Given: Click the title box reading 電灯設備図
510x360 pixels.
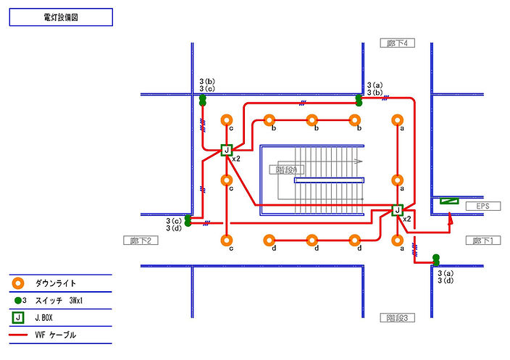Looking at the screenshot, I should pyautogui.click(x=61, y=17).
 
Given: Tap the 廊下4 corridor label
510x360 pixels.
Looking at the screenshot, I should pyautogui.click(x=398, y=43).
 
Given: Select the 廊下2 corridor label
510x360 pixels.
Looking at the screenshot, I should pyautogui.click(x=140, y=240).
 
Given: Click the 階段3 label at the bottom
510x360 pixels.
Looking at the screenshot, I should pyautogui.click(x=398, y=317).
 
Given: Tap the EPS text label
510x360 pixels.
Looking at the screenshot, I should pyautogui.click(x=482, y=206).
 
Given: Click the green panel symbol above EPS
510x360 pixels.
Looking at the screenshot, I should pyautogui.click(x=450, y=201).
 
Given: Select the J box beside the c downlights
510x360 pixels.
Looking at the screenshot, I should pyautogui.click(x=227, y=151).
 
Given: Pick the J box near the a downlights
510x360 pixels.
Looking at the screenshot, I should pyautogui.click(x=397, y=210).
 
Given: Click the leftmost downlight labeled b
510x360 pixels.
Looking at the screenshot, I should pyautogui.click(x=269, y=120).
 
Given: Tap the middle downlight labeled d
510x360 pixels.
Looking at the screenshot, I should pyautogui.click(x=312, y=240).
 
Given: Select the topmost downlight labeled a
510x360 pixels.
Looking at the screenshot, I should pyautogui.click(x=397, y=120).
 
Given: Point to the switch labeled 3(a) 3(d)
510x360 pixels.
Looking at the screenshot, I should pyautogui.click(x=436, y=259).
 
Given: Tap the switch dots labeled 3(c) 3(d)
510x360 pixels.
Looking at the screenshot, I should pyautogui.click(x=188, y=221).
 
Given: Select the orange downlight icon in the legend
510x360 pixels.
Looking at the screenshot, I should pyautogui.click(x=17, y=283).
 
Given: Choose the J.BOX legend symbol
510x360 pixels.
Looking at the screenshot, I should pyautogui.click(x=17, y=317).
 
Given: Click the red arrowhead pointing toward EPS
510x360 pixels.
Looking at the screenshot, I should pyautogui.click(x=450, y=222).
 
